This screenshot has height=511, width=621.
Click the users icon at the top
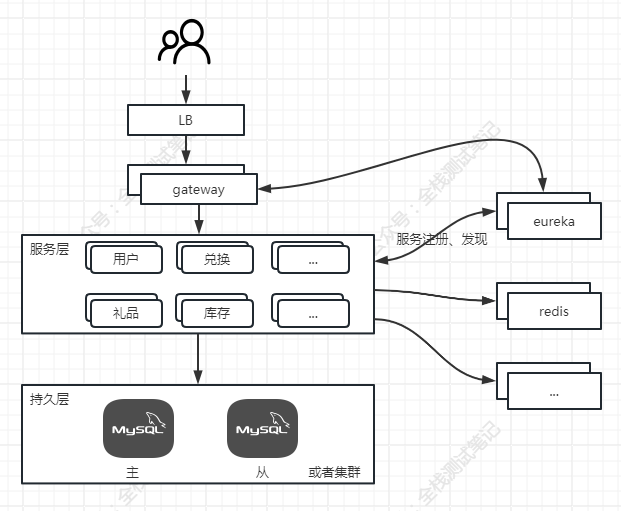coord(185,43)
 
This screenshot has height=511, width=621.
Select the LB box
coord(185,121)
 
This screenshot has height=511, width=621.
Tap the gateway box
coord(198,190)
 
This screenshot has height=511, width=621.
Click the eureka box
coord(554,221)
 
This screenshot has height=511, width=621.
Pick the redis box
coord(554,311)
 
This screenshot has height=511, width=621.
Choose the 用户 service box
coord(126,260)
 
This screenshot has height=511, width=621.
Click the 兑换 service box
coord(216,260)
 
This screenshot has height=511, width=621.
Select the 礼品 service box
coord(126,314)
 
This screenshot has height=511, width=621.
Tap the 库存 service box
coord(216,314)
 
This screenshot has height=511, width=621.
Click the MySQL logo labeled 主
coord(138,430)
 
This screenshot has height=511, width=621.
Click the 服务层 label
coord(49,249)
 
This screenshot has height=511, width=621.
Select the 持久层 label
coord(49,398)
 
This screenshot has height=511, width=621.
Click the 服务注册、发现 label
coord(441,240)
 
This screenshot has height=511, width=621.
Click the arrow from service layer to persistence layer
coord(198,359)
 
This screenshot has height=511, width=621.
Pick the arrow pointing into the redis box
coord(440,293)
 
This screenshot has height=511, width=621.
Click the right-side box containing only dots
coord(554,392)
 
